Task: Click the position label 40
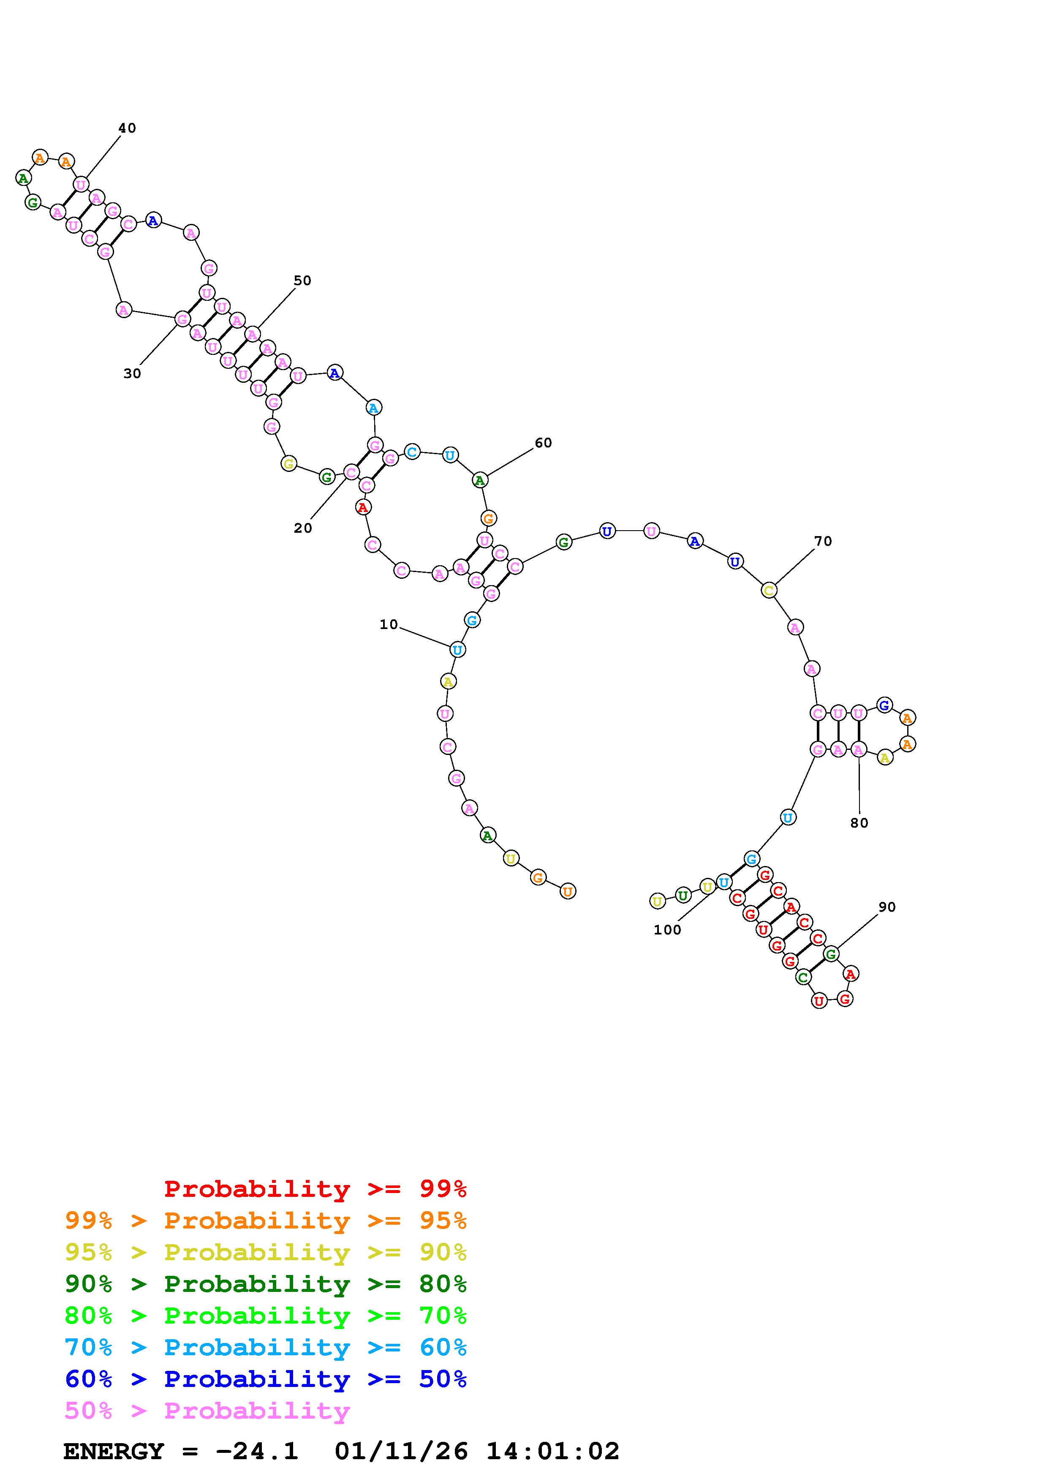127,128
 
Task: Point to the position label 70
823,541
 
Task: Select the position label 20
302,528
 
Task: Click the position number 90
887,907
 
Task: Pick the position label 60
543,443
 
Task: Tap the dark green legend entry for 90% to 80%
266,1284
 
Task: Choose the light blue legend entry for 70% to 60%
266,1348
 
